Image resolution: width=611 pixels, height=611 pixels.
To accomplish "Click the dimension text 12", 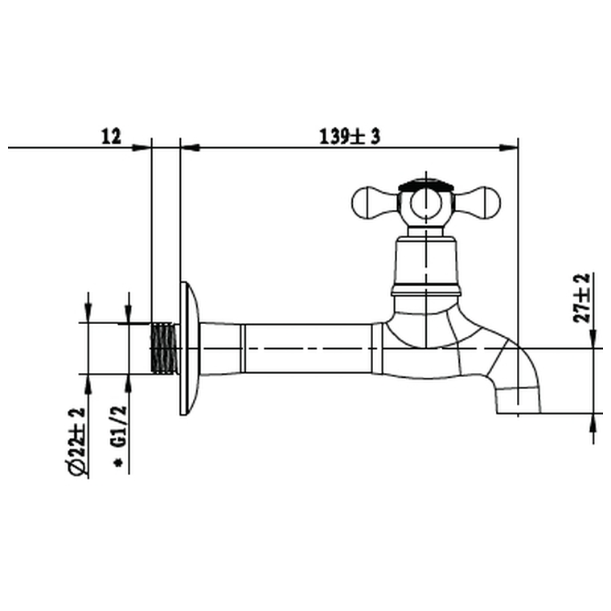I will click(x=111, y=136).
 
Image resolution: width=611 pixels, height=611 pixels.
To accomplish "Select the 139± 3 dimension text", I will click(x=348, y=136).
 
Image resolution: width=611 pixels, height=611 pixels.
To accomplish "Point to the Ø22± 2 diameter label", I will click(x=77, y=441).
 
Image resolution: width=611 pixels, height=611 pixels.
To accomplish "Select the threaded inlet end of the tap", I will click(x=164, y=348).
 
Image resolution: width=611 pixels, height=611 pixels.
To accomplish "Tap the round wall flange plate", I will click(x=188, y=348).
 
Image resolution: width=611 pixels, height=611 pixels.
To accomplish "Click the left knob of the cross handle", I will click(x=371, y=203).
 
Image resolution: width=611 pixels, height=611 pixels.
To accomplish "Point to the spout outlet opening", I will click(x=519, y=412).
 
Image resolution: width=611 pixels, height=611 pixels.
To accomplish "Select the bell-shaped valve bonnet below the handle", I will click(x=426, y=261).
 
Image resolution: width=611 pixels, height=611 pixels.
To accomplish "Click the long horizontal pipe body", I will click(x=307, y=348).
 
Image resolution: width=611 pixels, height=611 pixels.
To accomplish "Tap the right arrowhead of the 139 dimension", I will click(x=511, y=147).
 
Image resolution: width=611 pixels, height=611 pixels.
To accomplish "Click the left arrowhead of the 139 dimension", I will click(x=187, y=147).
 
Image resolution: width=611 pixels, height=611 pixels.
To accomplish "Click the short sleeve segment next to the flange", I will click(x=220, y=348).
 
